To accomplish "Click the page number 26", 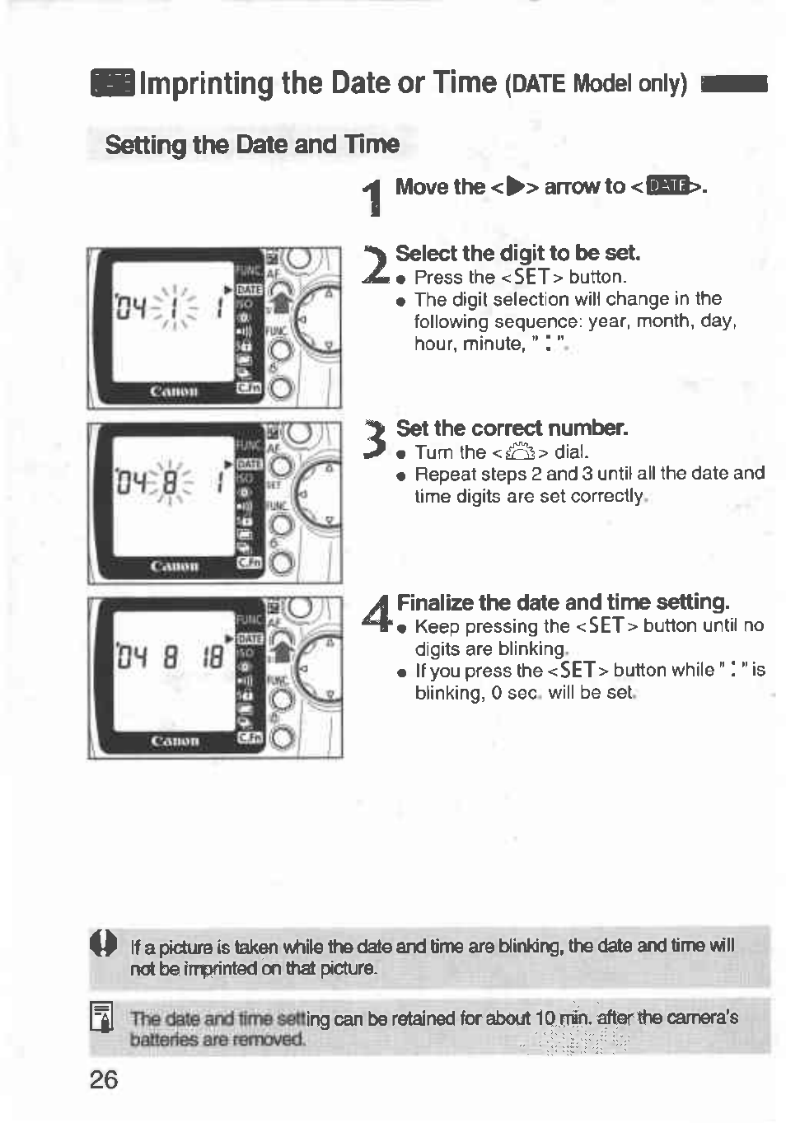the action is [x=104, y=1079].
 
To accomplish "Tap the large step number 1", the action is [x=374, y=199].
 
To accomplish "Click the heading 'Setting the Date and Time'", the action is [x=252, y=145].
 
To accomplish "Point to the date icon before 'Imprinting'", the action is [x=112, y=83].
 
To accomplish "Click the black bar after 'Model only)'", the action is [x=733, y=84].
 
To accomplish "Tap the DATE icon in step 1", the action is [x=667, y=187].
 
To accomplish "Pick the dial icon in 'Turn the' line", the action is [x=520, y=452].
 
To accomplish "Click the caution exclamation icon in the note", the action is [x=105, y=943].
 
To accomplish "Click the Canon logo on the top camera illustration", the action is [x=174, y=391].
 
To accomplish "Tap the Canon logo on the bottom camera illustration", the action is [x=174, y=741].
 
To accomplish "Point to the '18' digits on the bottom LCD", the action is [x=213, y=657].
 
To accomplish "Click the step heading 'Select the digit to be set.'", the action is [x=517, y=253].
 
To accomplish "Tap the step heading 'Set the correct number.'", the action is [x=512, y=428].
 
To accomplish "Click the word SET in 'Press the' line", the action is [x=531, y=277].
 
